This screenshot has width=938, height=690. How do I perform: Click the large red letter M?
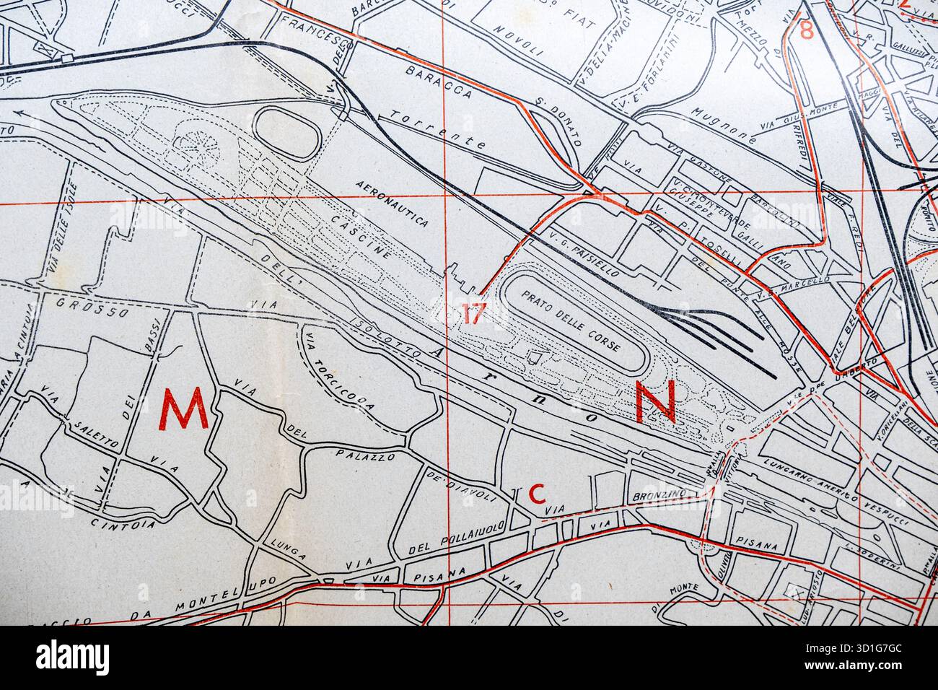tap(184, 409)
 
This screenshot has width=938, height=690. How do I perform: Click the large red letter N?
tap(655, 401)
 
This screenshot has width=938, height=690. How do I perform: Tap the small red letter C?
tap(536, 494)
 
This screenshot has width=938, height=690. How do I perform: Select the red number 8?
tap(807, 31)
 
